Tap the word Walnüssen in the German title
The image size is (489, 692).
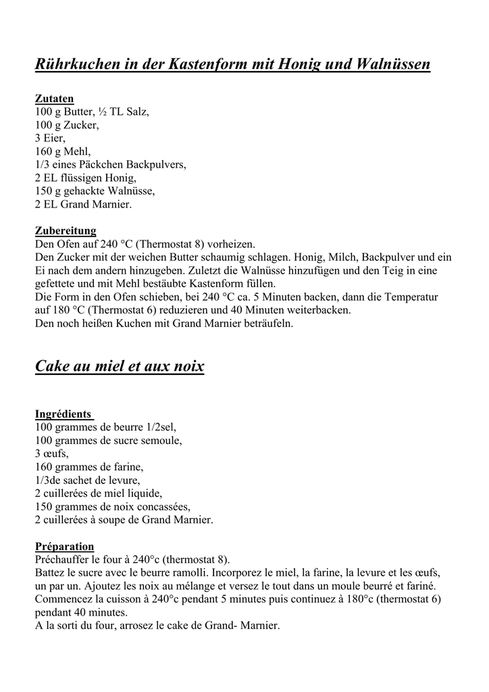click(393, 66)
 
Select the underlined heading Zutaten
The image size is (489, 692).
click(54, 99)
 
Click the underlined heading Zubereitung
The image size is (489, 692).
click(66, 230)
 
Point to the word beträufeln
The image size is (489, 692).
click(262, 323)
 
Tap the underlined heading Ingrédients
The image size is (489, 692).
click(63, 414)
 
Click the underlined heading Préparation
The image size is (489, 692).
click(64, 547)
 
